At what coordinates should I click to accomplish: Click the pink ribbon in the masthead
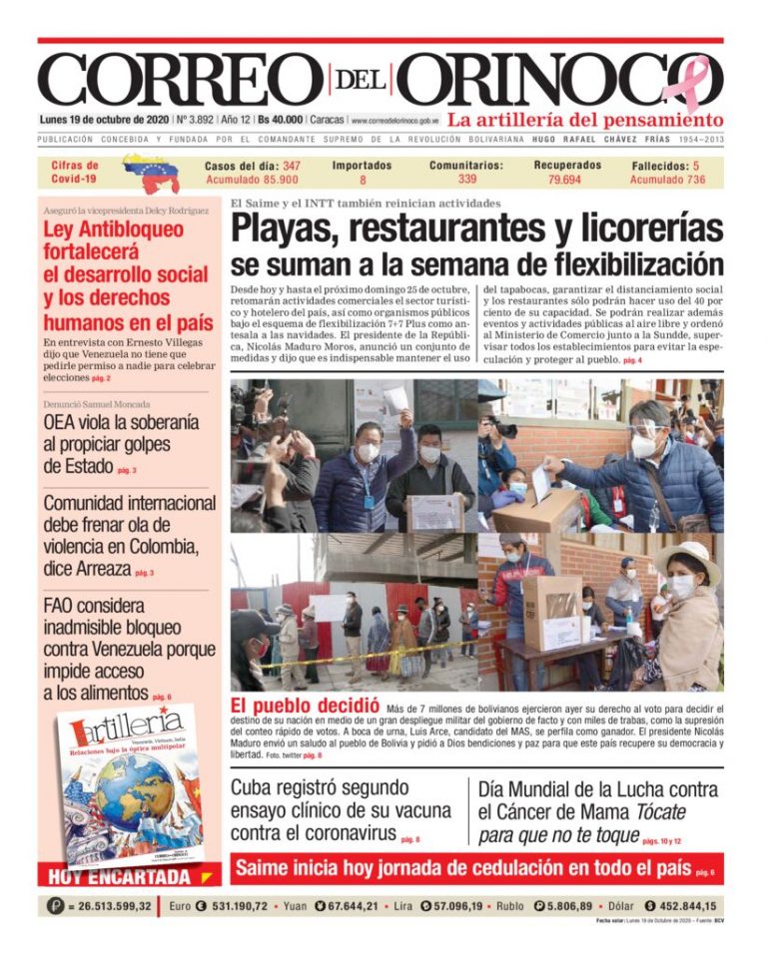click(x=692, y=82)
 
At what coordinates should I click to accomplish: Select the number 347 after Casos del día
click(x=292, y=166)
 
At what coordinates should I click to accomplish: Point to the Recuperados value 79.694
click(x=565, y=181)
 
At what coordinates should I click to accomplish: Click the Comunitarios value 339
click(x=466, y=180)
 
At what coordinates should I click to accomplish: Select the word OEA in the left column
click(x=62, y=422)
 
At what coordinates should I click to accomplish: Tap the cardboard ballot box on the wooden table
click(x=552, y=611)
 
